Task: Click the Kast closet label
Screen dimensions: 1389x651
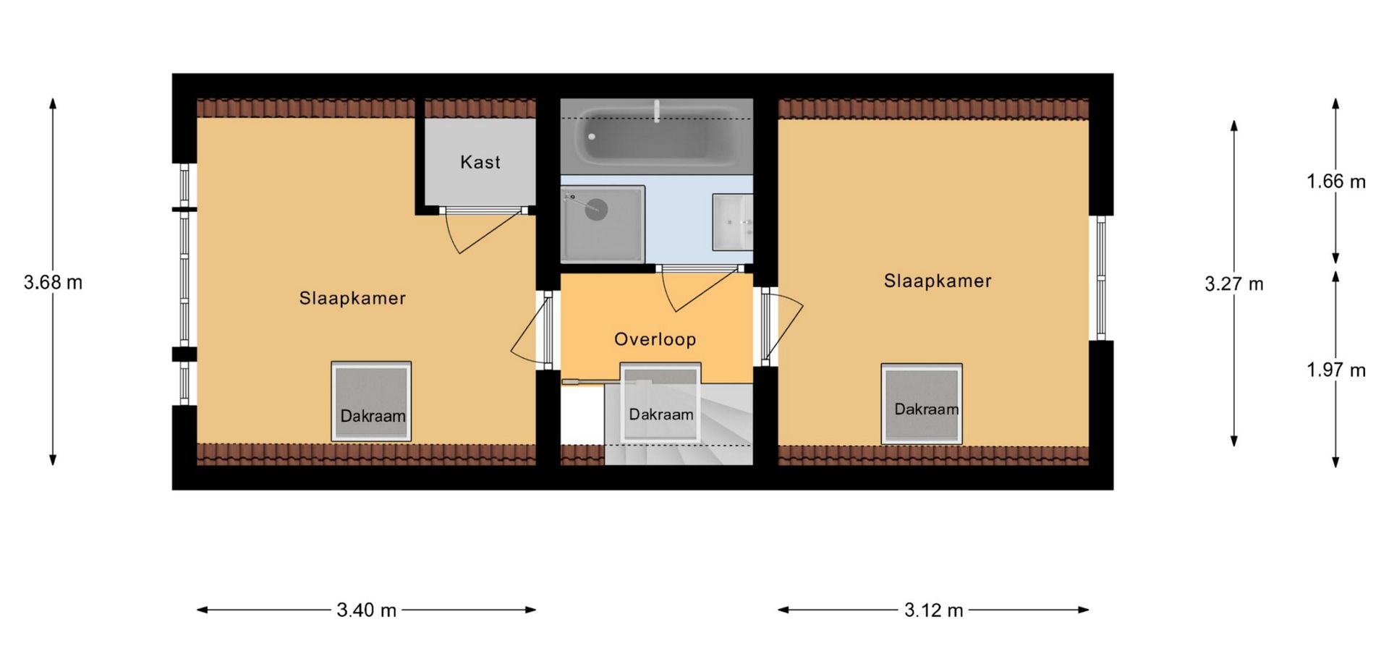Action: [480, 162]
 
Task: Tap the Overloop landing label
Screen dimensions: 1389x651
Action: [655, 339]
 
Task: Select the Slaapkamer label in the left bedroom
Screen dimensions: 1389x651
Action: [352, 298]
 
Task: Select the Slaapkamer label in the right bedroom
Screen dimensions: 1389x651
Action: [938, 281]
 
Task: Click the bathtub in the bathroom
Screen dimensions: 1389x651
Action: [656, 136]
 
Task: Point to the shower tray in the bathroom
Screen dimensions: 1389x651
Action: [602, 224]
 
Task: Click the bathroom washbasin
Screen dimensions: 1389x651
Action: [732, 222]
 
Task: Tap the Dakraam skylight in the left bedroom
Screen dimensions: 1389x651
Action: [371, 401]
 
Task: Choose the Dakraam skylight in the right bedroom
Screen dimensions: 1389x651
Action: [922, 404]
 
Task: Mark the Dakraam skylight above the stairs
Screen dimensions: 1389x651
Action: [661, 402]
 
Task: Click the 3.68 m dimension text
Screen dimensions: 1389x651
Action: [54, 282]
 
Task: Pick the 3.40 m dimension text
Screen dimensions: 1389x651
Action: [367, 610]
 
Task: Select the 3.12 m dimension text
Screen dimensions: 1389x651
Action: [934, 610]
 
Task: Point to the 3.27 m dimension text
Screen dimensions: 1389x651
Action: [1234, 284]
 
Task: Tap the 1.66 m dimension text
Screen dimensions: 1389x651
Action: [1336, 181]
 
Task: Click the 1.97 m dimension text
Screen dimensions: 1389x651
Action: [1336, 370]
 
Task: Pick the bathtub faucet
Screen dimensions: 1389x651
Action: [657, 111]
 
